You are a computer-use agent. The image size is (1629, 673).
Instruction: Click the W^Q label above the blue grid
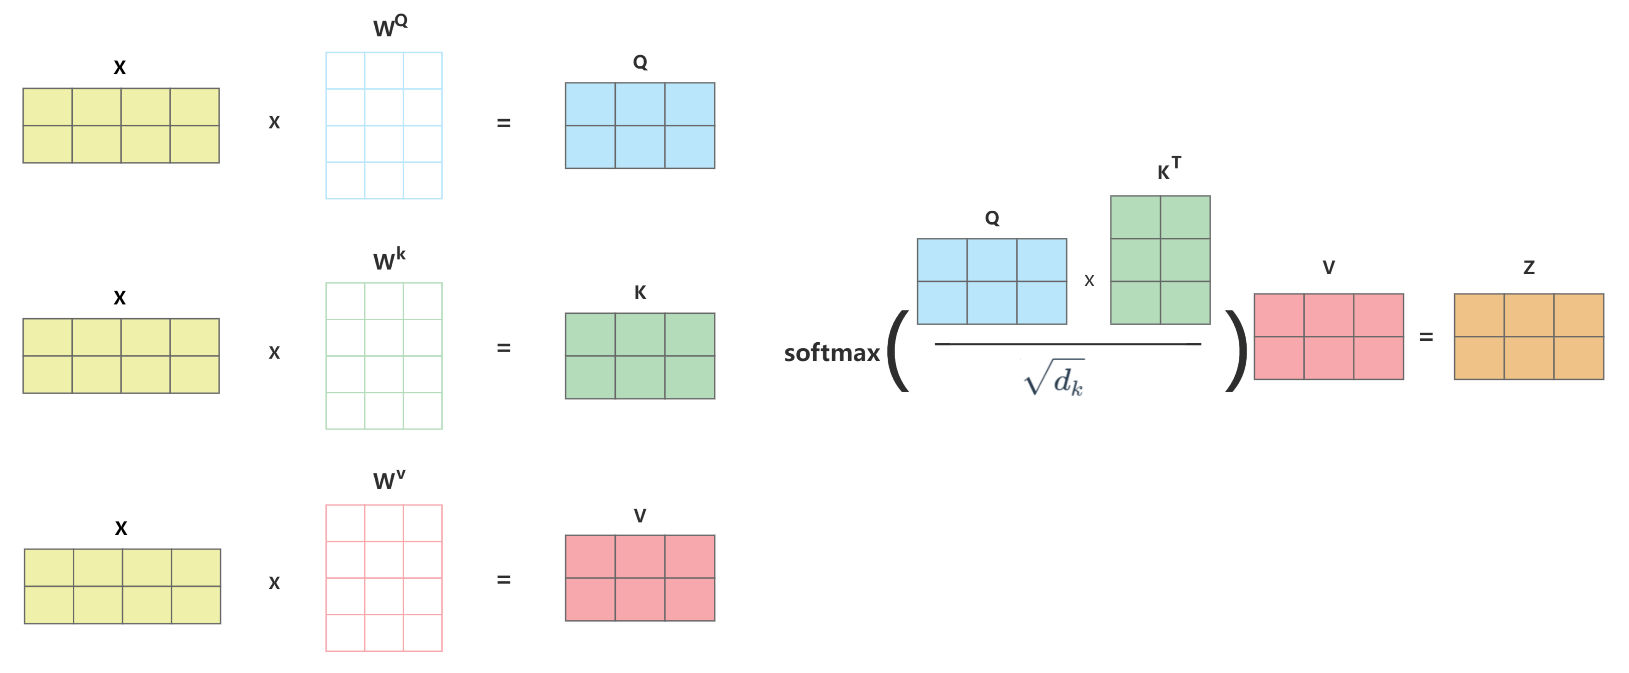point(389,27)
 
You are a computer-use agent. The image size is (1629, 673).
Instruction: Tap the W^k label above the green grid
point(388,259)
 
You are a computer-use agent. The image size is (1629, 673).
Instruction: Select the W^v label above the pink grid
point(388,480)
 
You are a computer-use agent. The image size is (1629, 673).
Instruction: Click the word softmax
point(832,353)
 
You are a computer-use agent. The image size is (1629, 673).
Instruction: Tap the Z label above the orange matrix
point(1529,267)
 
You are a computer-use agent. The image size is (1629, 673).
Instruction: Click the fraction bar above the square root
point(1068,344)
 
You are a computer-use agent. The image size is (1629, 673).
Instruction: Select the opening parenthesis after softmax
point(898,351)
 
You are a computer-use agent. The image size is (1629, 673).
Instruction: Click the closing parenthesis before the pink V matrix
point(1236,351)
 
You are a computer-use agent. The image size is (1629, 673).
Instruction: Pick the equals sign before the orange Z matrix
point(1426,337)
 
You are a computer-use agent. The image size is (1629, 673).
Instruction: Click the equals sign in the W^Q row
point(503,123)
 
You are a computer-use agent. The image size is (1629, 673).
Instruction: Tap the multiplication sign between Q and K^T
point(1089,281)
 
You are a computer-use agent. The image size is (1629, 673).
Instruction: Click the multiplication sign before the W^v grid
point(274,582)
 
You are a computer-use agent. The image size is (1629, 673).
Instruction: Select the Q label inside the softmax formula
point(992,218)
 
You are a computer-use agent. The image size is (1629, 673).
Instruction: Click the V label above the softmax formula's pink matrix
point(1329,267)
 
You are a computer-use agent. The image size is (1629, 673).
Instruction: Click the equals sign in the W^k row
point(503,348)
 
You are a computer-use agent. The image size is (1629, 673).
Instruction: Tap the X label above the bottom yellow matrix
point(121,528)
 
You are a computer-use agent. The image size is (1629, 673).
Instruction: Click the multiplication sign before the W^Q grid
point(274,122)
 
